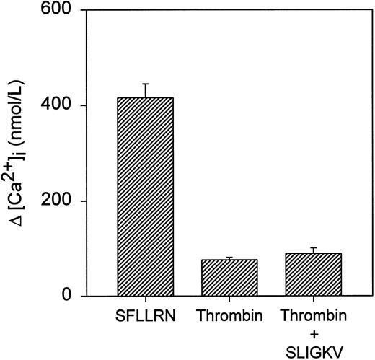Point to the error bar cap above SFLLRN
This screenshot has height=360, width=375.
146,84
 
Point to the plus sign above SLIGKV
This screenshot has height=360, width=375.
314,334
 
